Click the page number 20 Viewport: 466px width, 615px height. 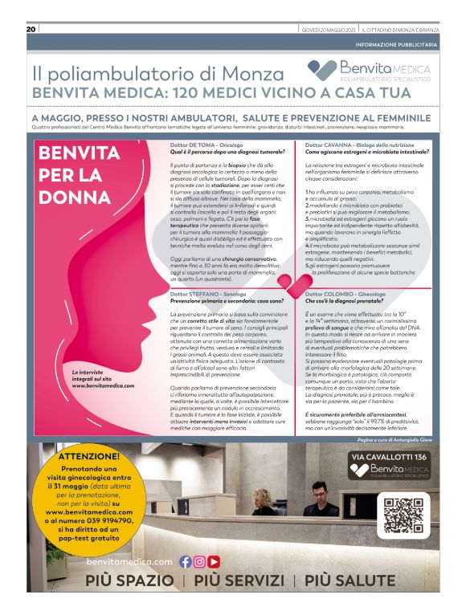31,29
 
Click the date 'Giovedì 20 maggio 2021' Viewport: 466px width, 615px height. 329,30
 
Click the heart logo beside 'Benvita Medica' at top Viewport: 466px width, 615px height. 323,70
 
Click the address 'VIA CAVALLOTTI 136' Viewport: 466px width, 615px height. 390,458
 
